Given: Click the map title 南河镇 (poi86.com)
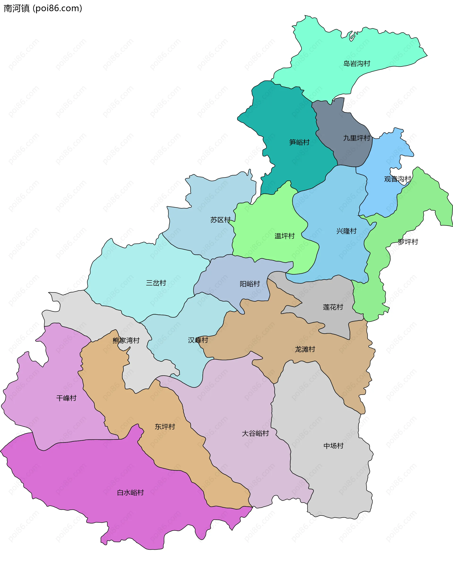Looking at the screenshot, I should click(43, 8).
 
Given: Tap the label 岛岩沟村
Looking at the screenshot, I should click(357, 64).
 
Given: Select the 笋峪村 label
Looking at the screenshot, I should click(299, 142).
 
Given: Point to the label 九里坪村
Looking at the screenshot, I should click(357, 138).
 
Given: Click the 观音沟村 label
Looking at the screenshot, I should click(397, 179).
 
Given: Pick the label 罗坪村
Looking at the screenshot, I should click(408, 242).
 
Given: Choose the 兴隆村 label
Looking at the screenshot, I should click(347, 231).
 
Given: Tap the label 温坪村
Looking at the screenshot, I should click(285, 236).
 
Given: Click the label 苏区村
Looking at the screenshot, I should click(220, 220).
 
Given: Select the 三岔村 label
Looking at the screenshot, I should click(156, 283).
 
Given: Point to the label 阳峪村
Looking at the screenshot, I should click(250, 284).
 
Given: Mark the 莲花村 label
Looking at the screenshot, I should click(333, 307).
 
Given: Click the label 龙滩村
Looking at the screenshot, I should click(305, 349).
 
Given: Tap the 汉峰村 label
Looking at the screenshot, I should click(198, 340).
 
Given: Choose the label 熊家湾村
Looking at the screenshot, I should click(126, 340).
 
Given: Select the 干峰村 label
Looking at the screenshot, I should click(66, 398).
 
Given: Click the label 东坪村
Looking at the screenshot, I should click(165, 427).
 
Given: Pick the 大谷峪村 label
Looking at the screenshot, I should click(255, 433).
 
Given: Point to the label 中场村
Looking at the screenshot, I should click(333, 446).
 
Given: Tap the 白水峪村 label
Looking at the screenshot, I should click(130, 493).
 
